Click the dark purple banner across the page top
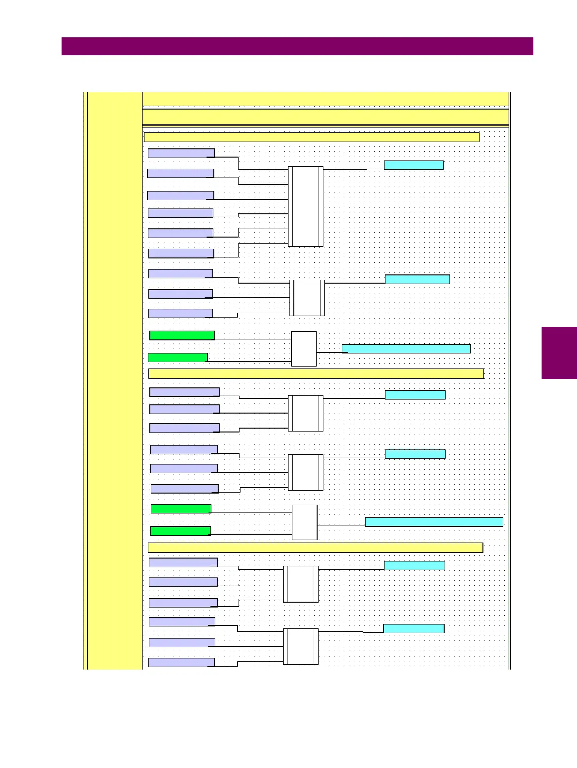297,46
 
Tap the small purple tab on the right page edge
559,352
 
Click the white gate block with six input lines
305,206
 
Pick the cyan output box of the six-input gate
413,165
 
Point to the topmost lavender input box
181,153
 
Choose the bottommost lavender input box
181,662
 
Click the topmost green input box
182,335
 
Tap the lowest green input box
180,531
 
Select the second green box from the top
177,357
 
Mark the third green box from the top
181,509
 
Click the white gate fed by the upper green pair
304,349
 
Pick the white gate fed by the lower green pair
305,522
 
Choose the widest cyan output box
433,522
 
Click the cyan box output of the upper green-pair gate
406,349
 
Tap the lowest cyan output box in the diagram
414,628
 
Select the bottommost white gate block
301,646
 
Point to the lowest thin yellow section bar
315,547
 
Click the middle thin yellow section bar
316,373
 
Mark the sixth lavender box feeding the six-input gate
181,253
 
